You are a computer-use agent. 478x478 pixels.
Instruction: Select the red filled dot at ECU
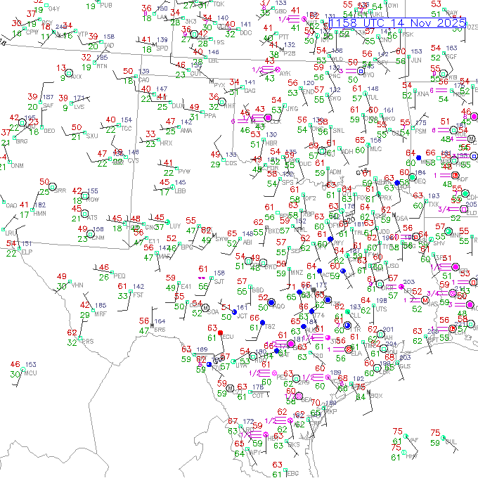click(220, 332)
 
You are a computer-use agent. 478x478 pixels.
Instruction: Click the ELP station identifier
click(27, 251)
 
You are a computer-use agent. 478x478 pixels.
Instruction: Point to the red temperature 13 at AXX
click(60, 67)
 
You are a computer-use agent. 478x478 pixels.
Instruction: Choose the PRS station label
click(87, 342)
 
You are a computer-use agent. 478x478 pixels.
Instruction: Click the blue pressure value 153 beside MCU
click(30, 364)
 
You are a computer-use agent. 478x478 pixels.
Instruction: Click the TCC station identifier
click(126, 128)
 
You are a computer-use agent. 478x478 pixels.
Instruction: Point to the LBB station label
click(180, 190)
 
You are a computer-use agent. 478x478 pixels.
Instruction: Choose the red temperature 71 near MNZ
click(291, 286)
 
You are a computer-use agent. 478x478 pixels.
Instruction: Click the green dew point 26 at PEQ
click(104, 277)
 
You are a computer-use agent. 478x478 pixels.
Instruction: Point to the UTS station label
click(381, 309)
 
